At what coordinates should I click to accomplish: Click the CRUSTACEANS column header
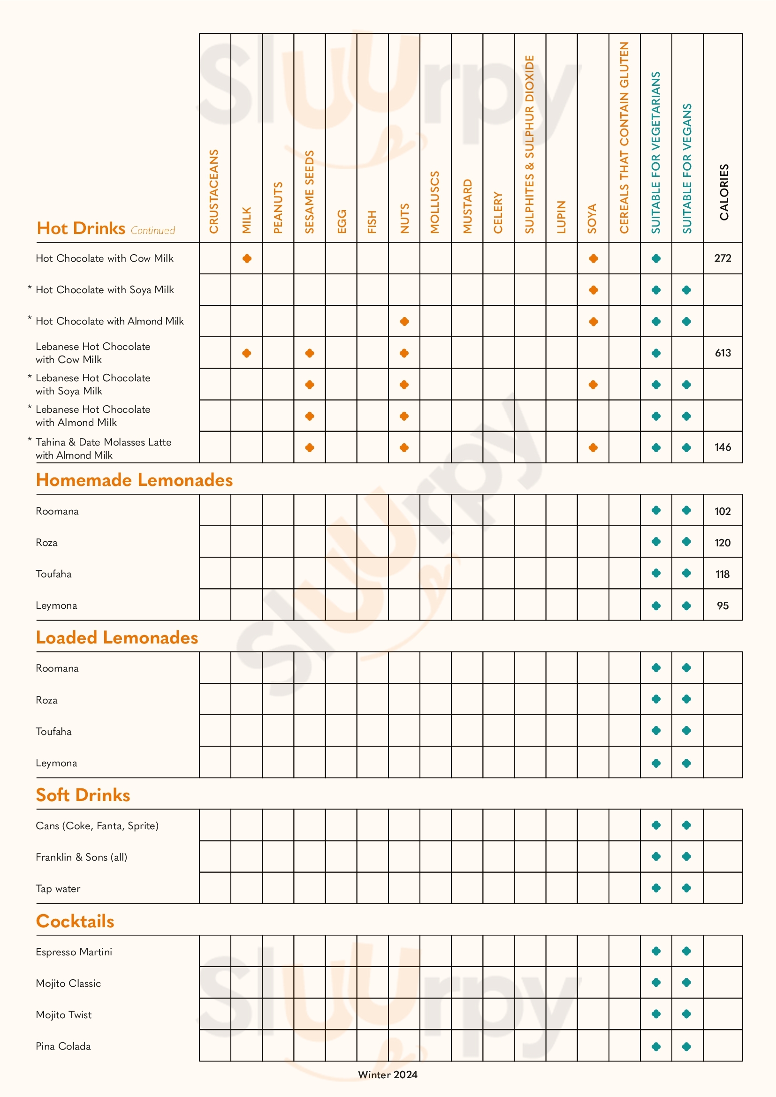pyautogui.click(x=213, y=191)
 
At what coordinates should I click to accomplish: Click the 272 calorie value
pyautogui.click(x=723, y=258)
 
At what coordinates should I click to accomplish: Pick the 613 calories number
pyautogui.click(x=723, y=353)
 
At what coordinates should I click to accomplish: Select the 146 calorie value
pyautogui.click(x=723, y=447)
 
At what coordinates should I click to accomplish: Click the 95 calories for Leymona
pyautogui.click(x=723, y=606)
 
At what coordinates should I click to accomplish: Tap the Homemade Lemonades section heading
pyautogui.click(x=134, y=480)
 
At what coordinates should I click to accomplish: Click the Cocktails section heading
pyautogui.click(x=75, y=921)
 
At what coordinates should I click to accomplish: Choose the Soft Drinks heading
pyautogui.click(x=83, y=795)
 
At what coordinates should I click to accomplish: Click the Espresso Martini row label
pyautogui.click(x=74, y=952)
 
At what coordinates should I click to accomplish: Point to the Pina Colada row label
pyautogui.click(x=63, y=1046)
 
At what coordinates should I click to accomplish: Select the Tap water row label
pyautogui.click(x=58, y=889)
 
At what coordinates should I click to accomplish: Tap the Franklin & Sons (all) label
pyautogui.click(x=82, y=857)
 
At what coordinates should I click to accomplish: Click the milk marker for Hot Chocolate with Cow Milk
pyautogui.click(x=247, y=258)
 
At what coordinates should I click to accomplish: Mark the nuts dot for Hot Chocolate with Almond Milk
pyautogui.click(x=404, y=322)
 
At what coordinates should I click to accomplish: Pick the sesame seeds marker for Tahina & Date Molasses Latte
pyautogui.click(x=310, y=448)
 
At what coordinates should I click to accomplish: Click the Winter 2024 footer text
pyautogui.click(x=388, y=1074)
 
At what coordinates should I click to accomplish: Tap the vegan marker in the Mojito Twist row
pyautogui.click(x=687, y=1014)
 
